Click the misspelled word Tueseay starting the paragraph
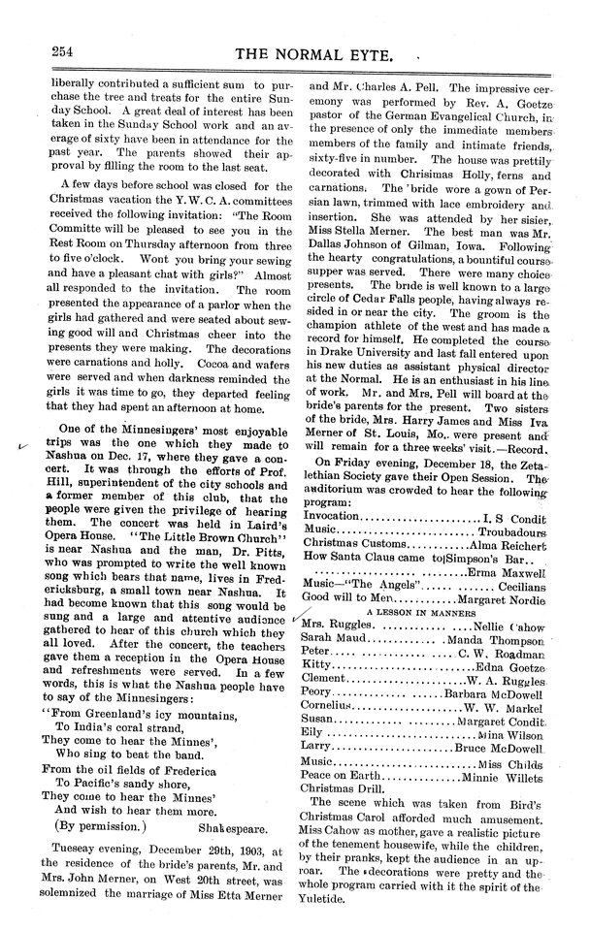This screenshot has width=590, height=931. point(72,856)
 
